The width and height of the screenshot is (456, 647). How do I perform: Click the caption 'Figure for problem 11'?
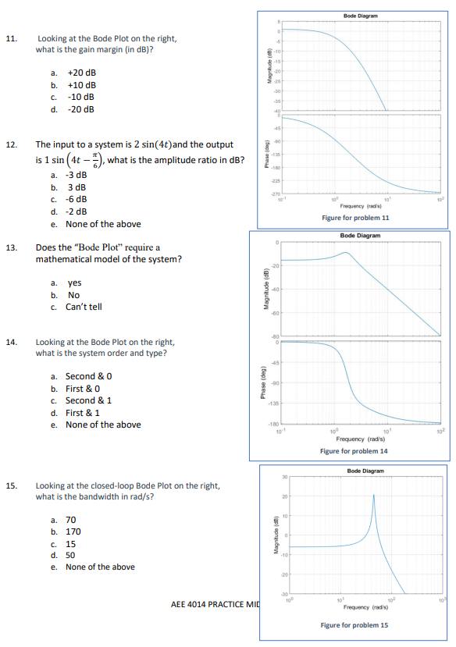point(355,218)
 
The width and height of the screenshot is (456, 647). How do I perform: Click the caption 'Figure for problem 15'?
point(354,625)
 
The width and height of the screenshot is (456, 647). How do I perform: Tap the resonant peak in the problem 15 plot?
point(373,496)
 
